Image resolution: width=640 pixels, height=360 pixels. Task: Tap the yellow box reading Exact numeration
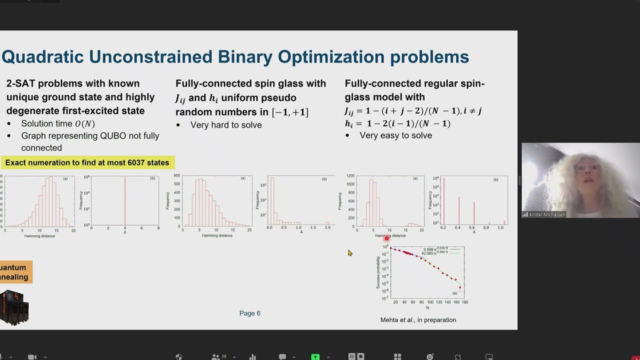coord(87,162)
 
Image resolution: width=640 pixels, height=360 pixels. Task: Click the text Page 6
coord(249,313)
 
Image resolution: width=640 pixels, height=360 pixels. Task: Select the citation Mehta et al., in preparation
coord(418,320)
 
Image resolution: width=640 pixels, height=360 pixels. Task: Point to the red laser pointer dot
coord(386,238)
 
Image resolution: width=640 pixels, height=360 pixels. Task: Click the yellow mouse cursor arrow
coord(349,253)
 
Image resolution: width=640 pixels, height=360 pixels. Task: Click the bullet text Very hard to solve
coord(226,125)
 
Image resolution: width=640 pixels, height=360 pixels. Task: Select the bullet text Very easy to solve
coord(395,135)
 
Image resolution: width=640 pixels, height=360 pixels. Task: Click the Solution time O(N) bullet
coord(57,123)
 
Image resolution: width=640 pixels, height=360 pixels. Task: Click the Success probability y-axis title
coord(378,272)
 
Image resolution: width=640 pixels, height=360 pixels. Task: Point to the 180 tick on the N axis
coord(464,302)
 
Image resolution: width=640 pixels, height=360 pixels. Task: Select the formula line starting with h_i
coord(397,123)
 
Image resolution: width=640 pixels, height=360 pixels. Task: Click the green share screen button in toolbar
coord(315,356)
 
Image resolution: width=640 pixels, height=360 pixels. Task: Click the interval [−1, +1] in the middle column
coord(290,112)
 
